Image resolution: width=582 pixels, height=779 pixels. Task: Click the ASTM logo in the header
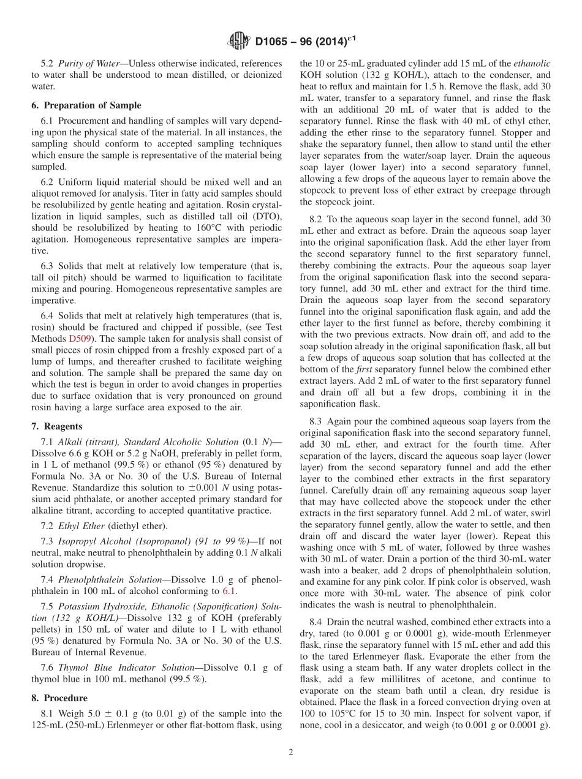pos(238,42)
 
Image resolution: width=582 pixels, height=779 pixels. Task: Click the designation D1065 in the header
pos(273,42)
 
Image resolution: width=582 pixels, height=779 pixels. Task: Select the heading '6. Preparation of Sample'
pos(86,105)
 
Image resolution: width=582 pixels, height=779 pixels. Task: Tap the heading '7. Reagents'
pos(56,426)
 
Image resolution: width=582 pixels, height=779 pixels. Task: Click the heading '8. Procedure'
pos(59,698)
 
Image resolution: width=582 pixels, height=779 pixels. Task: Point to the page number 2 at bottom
pos(291,752)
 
